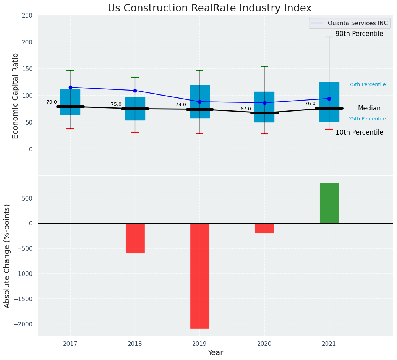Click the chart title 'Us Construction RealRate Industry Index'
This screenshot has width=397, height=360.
209,8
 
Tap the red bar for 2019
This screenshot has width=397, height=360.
199,276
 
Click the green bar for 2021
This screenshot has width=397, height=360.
329,203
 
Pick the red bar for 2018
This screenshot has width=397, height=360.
135,238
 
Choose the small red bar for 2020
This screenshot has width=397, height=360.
264,228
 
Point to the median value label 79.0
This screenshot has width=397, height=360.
52,102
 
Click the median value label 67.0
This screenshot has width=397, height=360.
246,109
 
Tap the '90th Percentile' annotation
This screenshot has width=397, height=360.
359,34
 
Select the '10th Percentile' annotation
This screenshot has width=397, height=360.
359,132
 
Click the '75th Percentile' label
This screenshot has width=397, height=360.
367,84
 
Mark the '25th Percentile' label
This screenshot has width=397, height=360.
367,119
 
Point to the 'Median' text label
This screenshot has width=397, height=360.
369,108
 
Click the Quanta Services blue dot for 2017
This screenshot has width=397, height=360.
70,87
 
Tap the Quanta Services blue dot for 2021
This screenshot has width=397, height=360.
329,99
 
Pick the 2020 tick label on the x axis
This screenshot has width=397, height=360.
264,344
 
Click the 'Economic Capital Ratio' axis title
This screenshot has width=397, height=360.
16,96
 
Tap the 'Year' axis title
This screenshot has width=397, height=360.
215,353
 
